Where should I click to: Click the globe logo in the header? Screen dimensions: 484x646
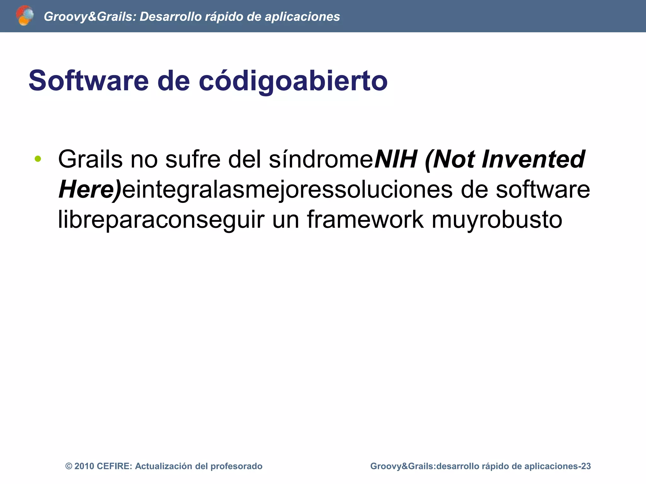click(25, 15)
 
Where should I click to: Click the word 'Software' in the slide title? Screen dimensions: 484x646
click(89, 81)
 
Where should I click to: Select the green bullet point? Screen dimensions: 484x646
click(38, 159)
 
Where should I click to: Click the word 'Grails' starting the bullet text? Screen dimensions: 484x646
click(90, 159)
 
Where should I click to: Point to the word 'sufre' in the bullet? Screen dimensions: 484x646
click(193, 159)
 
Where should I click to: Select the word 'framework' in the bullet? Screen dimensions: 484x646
click(365, 220)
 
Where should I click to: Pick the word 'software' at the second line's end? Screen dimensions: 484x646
click(543, 190)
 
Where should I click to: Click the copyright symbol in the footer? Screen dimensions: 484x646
click(68, 466)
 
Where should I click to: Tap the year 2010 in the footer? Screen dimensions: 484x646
click(84, 466)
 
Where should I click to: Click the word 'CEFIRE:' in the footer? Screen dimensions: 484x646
click(114, 466)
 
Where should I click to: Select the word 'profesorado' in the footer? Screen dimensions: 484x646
click(236, 466)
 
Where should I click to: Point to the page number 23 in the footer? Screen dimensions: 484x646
click(586, 466)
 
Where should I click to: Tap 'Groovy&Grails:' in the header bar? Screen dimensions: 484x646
click(90, 17)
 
